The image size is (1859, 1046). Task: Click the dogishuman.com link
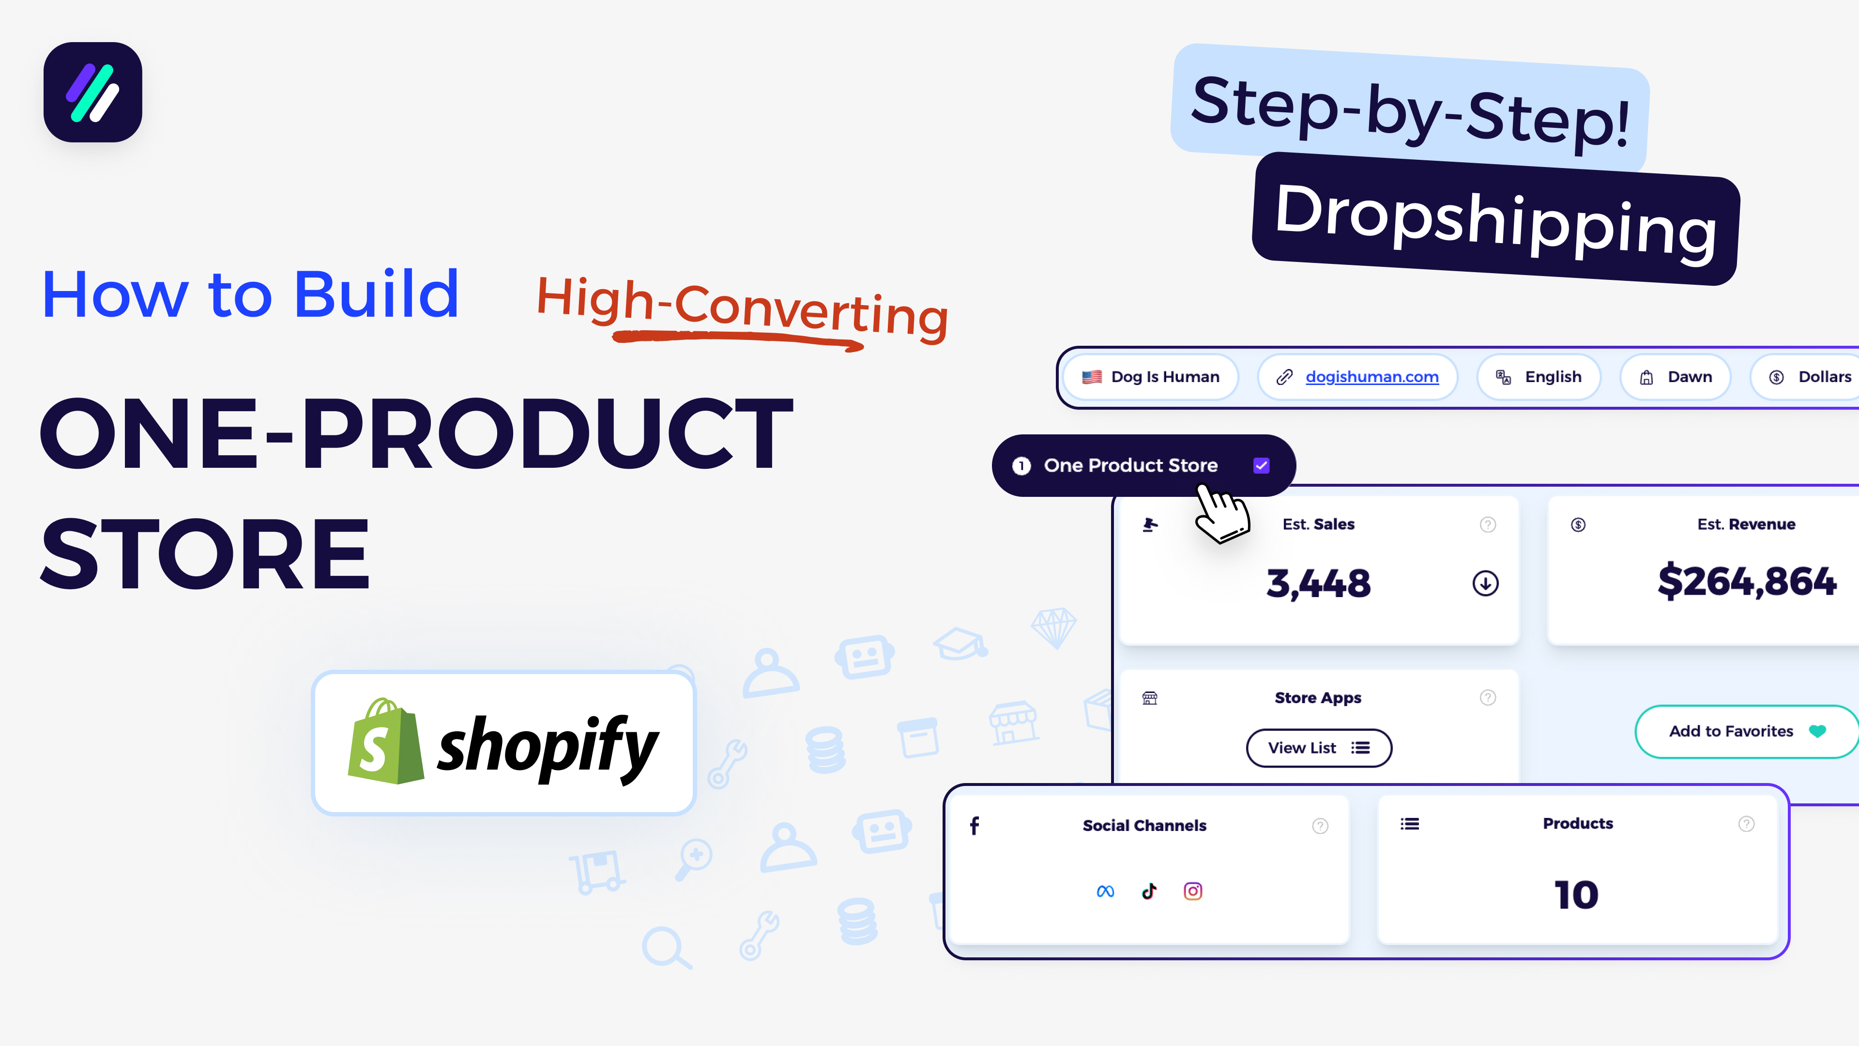1371,377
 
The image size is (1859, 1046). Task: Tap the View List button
1318,748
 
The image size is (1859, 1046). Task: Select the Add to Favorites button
1745,731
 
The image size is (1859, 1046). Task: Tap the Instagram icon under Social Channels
1193,892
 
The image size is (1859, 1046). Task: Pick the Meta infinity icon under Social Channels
1105,892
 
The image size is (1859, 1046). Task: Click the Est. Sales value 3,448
1318,583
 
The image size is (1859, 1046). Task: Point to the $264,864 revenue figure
1746,582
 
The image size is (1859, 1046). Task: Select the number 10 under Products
1577,895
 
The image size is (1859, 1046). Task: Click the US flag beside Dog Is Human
1092,377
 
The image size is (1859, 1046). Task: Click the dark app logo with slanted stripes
93,92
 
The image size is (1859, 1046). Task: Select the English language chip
1539,377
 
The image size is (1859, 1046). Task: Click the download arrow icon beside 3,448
1485,583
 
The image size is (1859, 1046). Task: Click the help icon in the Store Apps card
1487,697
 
